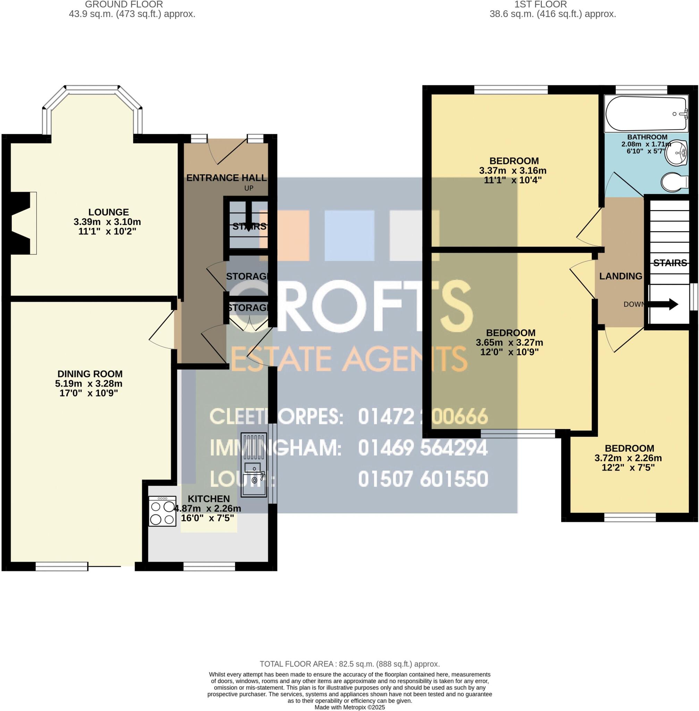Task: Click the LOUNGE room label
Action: [x=108, y=212]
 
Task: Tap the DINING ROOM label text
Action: [x=90, y=374]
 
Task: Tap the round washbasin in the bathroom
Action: [x=677, y=154]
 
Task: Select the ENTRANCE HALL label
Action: [x=226, y=178]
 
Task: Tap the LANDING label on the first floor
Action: [x=621, y=276]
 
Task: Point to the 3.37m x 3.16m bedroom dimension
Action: [x=513, y=170]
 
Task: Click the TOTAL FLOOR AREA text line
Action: [x=349, y=674]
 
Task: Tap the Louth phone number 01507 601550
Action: [x=423, y=479]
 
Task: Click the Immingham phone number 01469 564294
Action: [x=423, y=448]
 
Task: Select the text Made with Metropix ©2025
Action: [x=349, y=707]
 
